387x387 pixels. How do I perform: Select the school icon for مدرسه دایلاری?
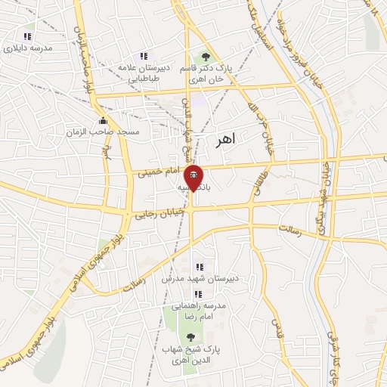[28, 36]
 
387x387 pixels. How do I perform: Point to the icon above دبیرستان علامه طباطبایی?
[142, 56]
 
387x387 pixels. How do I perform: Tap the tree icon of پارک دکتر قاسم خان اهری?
[203, 56]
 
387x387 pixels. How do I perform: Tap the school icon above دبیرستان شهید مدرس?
[200, 266]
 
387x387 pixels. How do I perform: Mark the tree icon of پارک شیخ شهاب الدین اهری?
[187, 337]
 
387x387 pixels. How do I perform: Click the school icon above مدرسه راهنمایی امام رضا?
[198, 294]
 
